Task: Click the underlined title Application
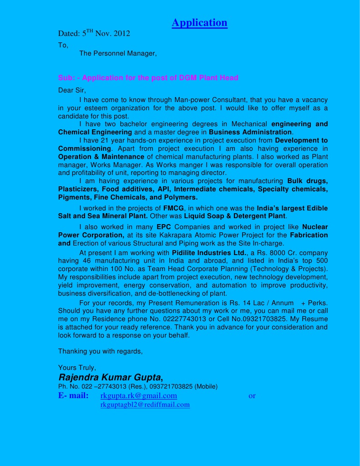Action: tap(199, 23)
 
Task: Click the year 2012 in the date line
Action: tap(122, 33)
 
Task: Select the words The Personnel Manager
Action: tap(117, 54)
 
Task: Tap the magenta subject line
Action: tap(148, 78)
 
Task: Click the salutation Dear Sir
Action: tap(71, 90)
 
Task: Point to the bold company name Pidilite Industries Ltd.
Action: tap(209, 253)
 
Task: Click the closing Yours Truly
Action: tap(77, 368)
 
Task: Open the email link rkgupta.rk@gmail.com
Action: tap(138, 396)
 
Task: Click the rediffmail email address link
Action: tap(145, 405)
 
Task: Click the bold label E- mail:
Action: tap(73, 396)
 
